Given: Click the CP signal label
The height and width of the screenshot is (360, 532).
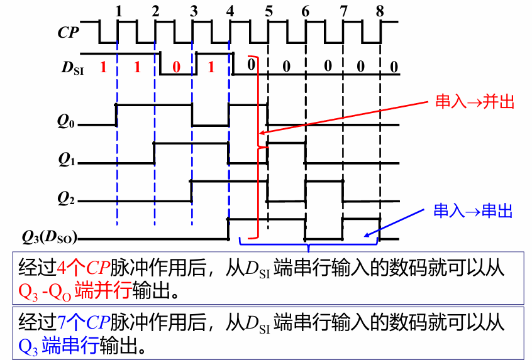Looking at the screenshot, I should (68, 33).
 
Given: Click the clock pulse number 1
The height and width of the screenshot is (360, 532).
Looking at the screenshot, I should (118, 11).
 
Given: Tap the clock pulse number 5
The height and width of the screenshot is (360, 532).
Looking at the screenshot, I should (269, 11).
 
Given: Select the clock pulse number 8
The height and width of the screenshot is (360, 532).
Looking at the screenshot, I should (379, 11).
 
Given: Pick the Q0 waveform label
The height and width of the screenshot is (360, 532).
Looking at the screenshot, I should (66, 122).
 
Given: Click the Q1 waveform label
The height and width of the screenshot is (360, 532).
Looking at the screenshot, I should (66, 160).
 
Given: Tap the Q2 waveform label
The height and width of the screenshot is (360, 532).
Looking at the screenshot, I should (66, 199).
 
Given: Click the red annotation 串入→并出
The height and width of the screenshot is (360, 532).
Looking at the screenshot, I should (475, 102).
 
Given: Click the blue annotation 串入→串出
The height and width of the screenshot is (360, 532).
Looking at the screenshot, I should (473, 210).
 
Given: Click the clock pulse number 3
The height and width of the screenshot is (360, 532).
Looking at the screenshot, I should (193, 11).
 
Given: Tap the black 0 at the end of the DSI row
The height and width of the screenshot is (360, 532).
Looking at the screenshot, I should (393, 67).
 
